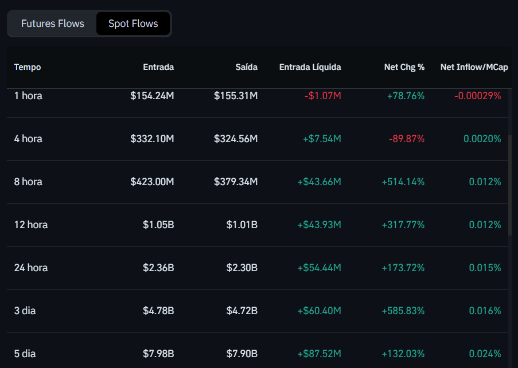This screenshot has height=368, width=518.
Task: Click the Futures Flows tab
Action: click(x=53, y=24)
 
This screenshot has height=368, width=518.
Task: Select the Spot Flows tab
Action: click(x=133, y=24)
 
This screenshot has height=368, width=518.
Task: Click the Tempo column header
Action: click(x=28, y=67)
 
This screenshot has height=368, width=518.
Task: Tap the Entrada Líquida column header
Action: click(x=310, y=67)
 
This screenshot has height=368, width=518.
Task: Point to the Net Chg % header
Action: click(x=404, y=67)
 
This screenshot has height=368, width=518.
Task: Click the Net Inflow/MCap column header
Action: click(x=474, y=67)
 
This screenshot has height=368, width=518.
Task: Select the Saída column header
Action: click(x=246, y=67)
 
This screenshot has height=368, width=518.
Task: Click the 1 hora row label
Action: click(x=28, y=96)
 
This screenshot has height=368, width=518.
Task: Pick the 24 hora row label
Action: click(x=31, y=268)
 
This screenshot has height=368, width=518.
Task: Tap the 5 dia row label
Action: click(x=25, y=354)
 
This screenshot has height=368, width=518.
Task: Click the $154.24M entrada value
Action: click(x=152, y=96)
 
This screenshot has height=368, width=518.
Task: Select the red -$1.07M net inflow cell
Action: click(x=322, y=96)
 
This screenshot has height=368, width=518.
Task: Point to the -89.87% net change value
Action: click(x=407, y=139)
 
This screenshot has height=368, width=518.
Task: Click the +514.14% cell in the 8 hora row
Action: click(x=403, y=182)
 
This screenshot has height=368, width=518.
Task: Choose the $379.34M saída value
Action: click(x=236, y=182)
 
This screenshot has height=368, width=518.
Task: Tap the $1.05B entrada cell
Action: click(x=158, y=225)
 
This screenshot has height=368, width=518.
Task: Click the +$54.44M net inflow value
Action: click(x=319, y=268)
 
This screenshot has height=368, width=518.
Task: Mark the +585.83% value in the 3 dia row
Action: click(x=403, y=311)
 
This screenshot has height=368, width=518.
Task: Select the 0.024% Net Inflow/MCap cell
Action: click(x=485, y=354)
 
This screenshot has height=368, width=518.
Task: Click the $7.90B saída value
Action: click(x=242, y=354)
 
